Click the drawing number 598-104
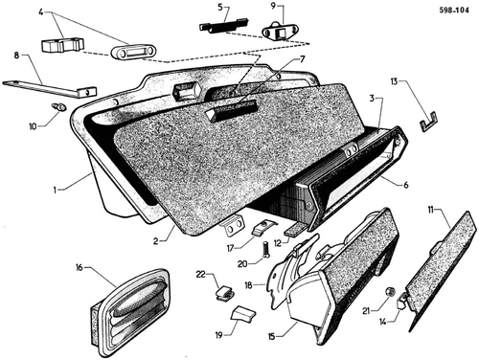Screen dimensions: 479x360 coord(454,11)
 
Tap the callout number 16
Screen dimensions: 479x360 coord(80,267)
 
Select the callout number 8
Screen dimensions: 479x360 coord(16,56)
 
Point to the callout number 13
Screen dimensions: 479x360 coord(394,81)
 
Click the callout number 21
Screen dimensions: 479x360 coord(367,310)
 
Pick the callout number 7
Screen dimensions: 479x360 coord(302,59)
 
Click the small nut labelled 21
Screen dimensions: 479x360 coord(390,292)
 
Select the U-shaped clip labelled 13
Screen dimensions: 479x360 coord(428,121)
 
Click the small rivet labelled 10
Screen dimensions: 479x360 coord(59,107)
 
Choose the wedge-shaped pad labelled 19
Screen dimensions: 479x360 coord(242,314)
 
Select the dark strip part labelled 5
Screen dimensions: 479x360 coord(223,26)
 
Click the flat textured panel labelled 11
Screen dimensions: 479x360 coord(443,271)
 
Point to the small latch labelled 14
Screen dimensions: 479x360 coord(402,301)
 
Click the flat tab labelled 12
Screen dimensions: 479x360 coord(296,229)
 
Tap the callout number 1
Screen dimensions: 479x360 coord(55,191)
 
